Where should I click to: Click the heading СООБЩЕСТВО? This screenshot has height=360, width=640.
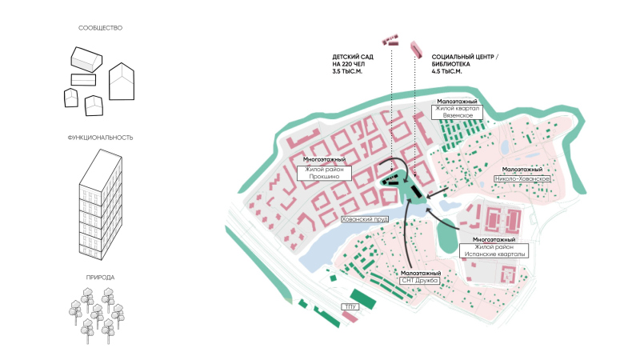pos(100,29)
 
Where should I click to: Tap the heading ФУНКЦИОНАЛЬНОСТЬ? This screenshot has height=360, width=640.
pos(100,138)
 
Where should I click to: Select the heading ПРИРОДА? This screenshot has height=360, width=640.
pos(100,278)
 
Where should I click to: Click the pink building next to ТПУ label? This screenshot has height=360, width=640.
pos(350,318)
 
